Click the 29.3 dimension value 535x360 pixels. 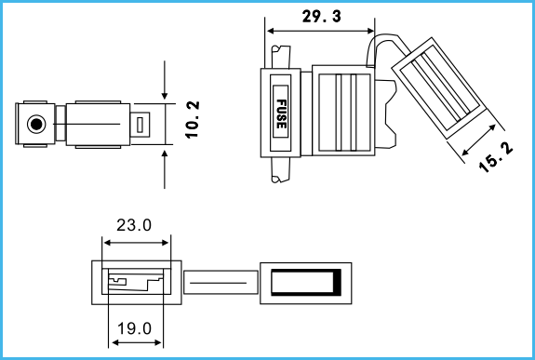point(321,17)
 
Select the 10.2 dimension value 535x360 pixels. point(193,120)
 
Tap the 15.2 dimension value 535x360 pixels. point(496,157)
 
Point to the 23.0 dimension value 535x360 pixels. point(134,225)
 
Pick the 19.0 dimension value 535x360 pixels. point(134,328)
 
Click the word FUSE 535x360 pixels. point(281,114)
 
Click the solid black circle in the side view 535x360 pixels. point(36,124)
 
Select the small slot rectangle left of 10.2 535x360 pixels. point(140,125)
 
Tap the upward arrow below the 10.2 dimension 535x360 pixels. point(165,169)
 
